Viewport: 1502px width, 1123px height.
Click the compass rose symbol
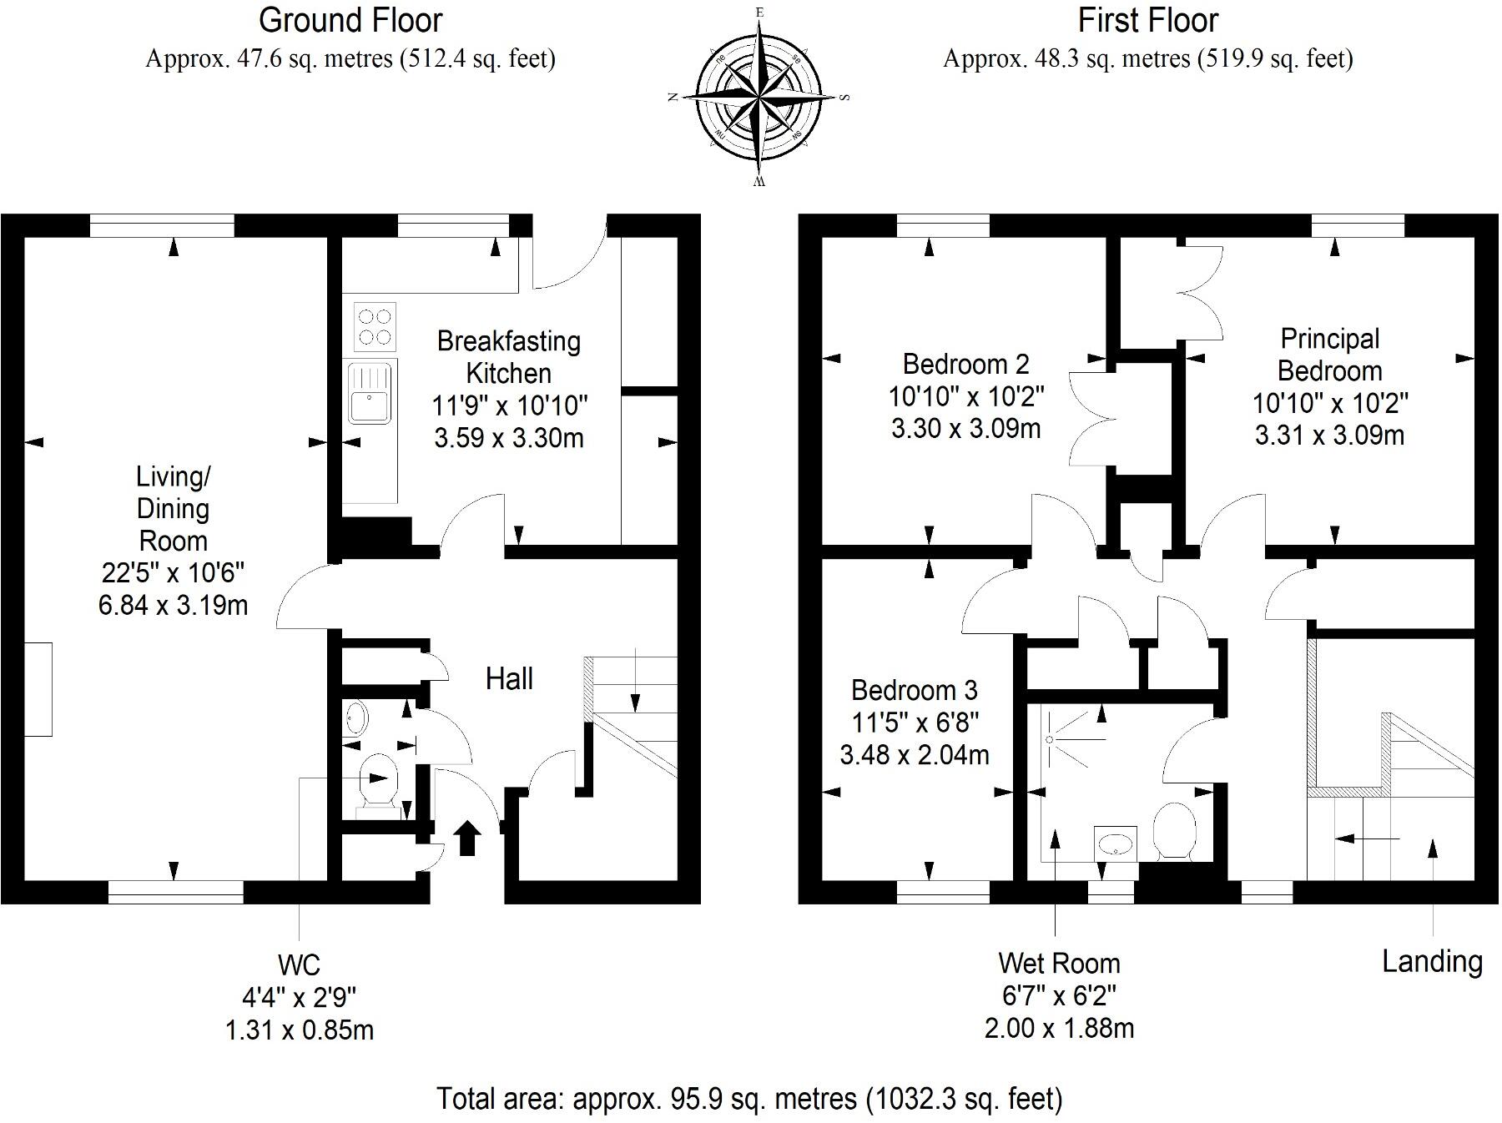(759, 98)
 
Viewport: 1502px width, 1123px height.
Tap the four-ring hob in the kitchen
(374, 326)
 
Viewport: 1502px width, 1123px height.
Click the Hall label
(509, 679)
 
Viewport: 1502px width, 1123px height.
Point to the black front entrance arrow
(467, 838)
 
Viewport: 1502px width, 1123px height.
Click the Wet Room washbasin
(1115, 843)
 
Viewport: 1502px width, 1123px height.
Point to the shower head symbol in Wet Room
(1050, 738)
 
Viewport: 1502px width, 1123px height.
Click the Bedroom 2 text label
(966, 365)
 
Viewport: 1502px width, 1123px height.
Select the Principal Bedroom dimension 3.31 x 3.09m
(1329, 436)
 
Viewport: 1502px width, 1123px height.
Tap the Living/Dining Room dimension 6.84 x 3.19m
(173, 605)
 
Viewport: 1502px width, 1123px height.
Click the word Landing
(1432, 961)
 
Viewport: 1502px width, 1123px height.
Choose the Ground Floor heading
(350, 20)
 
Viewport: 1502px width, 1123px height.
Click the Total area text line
(749, 1098)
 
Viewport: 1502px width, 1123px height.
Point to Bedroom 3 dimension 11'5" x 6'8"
(915, 723)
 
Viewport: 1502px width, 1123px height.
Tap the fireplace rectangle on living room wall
(38, 689)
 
